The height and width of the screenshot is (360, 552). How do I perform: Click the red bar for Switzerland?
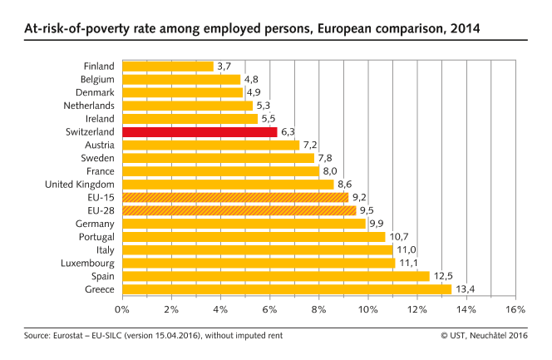[x=200, y=131]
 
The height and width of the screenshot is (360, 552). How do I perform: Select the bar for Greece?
[x=287, y=288]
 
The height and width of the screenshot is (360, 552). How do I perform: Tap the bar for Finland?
[x=167, y=66]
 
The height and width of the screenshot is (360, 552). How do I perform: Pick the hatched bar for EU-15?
[x=235, y=197]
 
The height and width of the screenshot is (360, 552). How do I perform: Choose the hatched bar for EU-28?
[x=239, y=210]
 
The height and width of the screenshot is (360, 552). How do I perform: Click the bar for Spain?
[x=275, y=275]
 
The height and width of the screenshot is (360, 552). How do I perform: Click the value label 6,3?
[x=290, y=131]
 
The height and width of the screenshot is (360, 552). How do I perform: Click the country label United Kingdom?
[x=81, y=184]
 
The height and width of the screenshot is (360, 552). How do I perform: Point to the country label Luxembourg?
[x=87, y=263]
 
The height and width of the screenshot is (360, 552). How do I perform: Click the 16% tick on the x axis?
[x=515, y=310]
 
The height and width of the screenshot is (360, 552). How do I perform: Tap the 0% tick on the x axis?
[x=122, y=310]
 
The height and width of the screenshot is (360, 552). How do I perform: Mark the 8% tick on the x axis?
[x=318, y=310]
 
